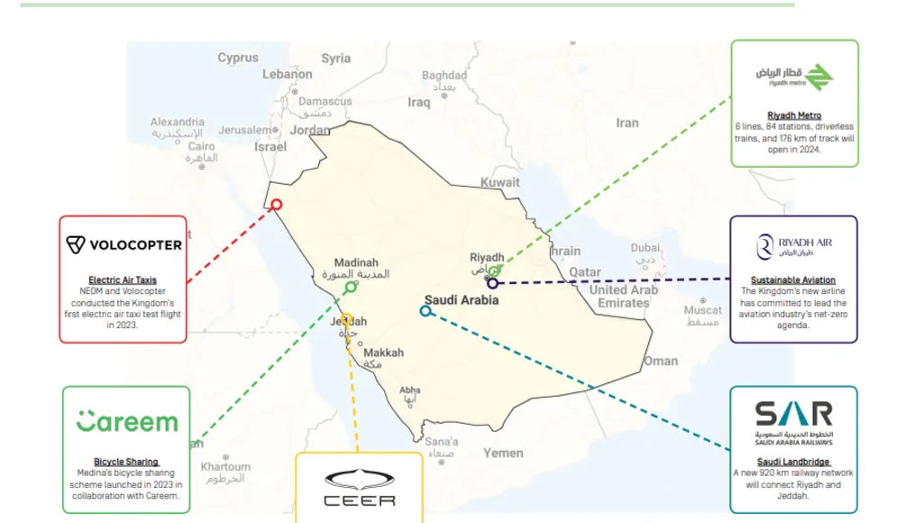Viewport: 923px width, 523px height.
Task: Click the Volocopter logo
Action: (x=123, y=244)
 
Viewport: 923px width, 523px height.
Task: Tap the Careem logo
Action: (x=126, y=421)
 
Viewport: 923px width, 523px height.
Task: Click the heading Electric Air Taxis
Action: (x=123, y=280)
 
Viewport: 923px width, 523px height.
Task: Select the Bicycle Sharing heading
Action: (x=126, y=462)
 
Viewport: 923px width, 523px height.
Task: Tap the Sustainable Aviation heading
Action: (x=793, y=280)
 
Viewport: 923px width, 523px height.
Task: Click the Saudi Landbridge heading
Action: (x=793, y=462)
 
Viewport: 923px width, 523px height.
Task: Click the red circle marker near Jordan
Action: (x=277, y=205)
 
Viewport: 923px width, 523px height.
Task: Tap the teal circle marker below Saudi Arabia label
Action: (x=425, y=311)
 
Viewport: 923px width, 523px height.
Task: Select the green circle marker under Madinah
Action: (x=351, y=288)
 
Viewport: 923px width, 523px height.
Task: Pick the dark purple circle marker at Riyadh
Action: (x=493, y=283)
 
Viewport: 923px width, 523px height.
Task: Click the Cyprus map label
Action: (x=238, y=58)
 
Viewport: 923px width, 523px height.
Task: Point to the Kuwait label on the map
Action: (x=500, y=182)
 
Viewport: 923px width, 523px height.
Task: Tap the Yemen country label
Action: (x=503, y=453)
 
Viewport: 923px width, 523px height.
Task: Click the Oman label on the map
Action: (x=661, y=361)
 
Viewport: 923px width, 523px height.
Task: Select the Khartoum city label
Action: (x=225, y=467)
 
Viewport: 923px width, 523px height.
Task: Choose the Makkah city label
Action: (x=384, y=353)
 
